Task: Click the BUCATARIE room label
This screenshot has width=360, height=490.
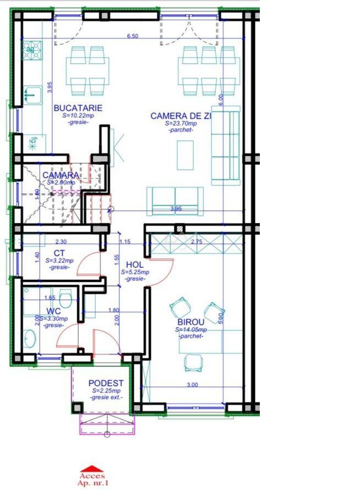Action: click(78, 108)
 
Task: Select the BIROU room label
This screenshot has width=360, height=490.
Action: click(191, 322)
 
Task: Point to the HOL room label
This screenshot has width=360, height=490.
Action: click(134, 264)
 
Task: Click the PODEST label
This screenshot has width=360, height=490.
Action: click(106, 383)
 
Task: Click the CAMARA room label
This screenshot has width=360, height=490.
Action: click(61, 175)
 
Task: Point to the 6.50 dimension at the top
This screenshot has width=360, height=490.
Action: click(132, 36)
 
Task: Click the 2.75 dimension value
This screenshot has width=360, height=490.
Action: click(197, 241)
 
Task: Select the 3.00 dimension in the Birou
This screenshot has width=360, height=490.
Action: click(192, 385)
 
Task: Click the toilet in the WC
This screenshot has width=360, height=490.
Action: click(66, 301)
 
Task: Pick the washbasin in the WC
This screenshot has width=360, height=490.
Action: click(29, 337)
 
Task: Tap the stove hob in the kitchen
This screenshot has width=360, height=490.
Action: click(30, 51)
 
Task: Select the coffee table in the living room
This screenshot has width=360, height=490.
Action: click(184, 155)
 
